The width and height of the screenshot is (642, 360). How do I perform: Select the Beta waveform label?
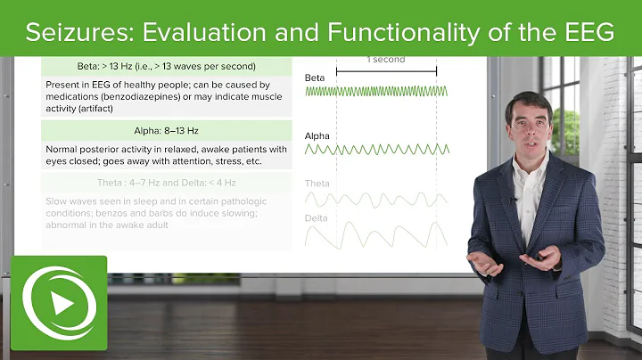coord(315,78)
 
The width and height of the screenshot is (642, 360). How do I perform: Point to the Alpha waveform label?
coord(317,136)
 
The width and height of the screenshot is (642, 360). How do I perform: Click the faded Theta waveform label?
coord(317,184)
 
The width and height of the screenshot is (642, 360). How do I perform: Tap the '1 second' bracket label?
coord(386,60)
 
